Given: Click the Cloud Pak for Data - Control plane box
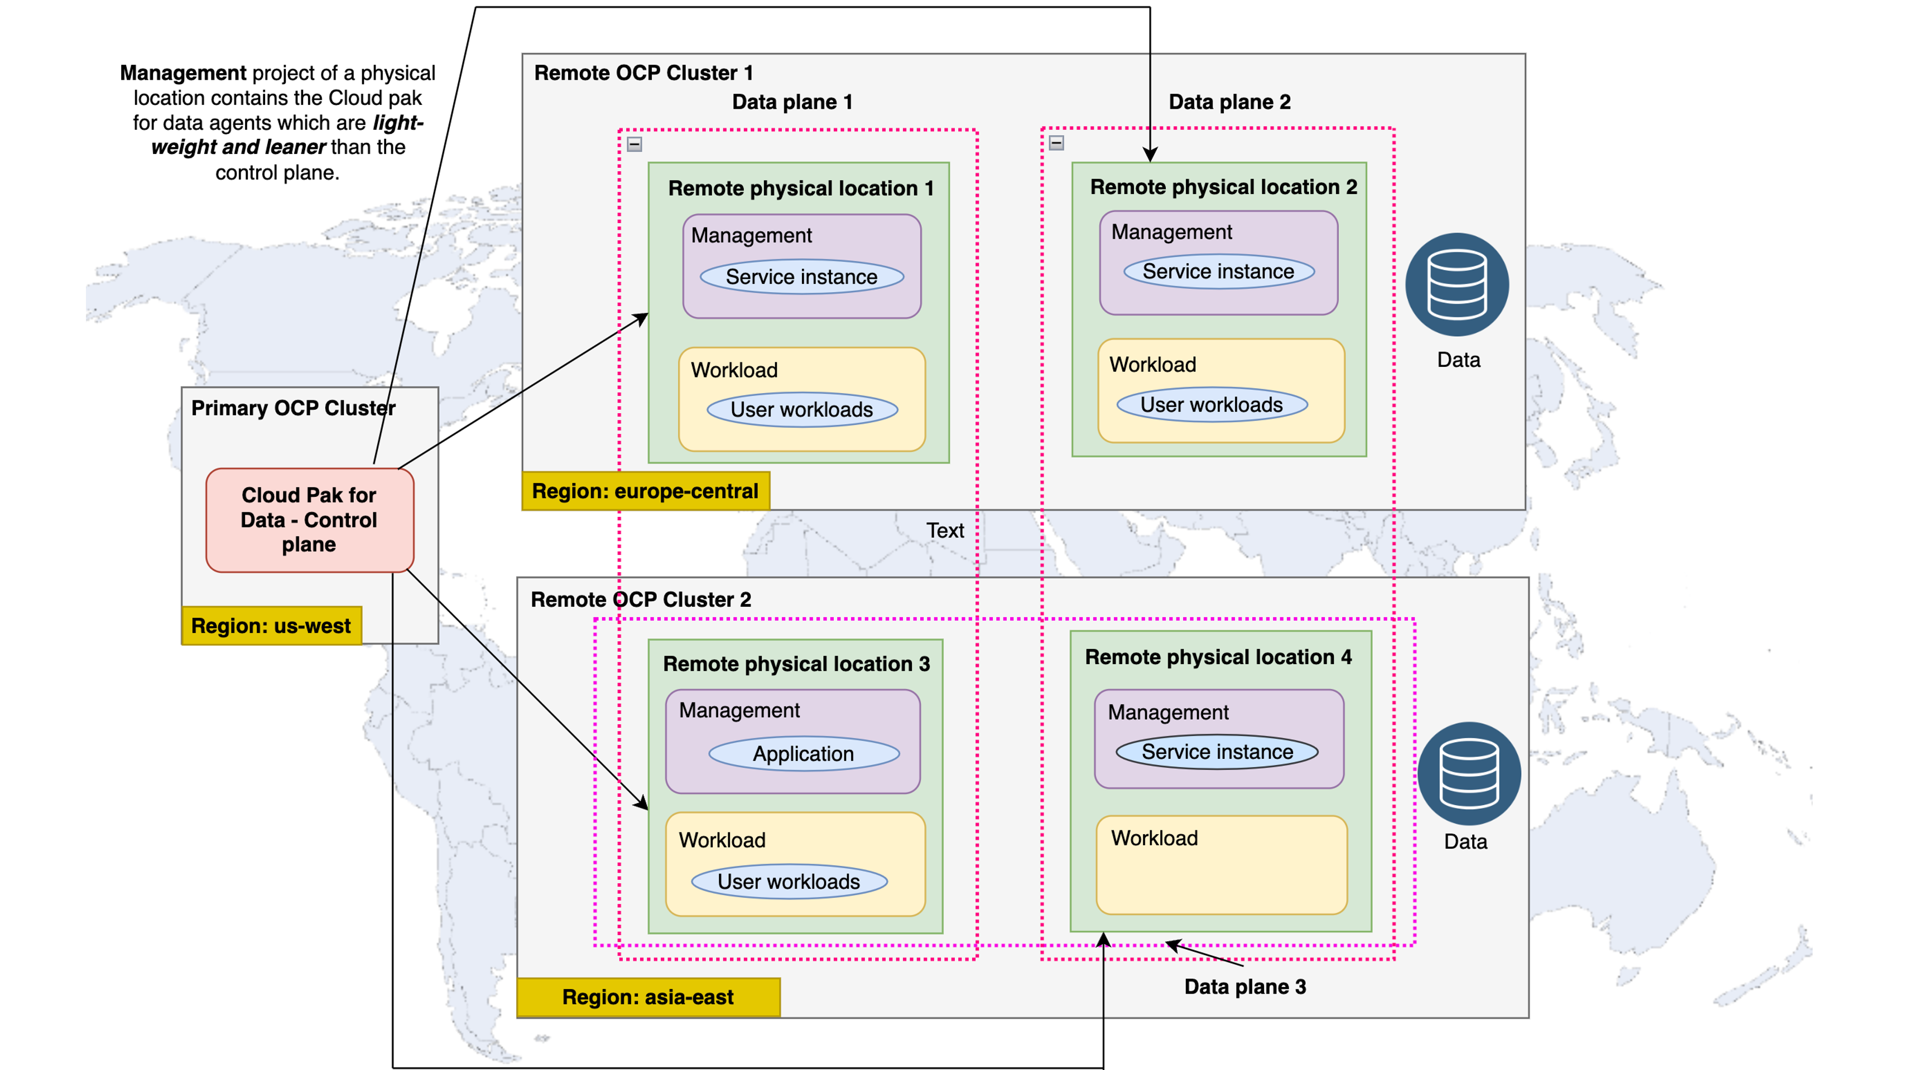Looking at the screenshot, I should pyautogui.click(x=309, y=520).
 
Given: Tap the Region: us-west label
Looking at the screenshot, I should pyautogui.click(x=271, y=626).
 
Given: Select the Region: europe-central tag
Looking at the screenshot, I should pyautogui.click(x=645, y=491).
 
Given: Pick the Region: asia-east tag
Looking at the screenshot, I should pyautogui.click(x=647, y=997).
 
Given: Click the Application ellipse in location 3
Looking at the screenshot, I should pyautogui.click(x=804, y=754).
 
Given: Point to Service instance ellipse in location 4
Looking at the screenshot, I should pyautogui.click(x=1217, y=752).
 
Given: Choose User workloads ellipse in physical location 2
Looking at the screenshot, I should pyautogui.click(x=1212, y=405).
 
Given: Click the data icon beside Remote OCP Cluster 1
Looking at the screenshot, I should pyautogui.click(x=1457, y=285).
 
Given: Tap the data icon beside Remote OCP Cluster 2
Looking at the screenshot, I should pyautogui.click(x=1468, y=773).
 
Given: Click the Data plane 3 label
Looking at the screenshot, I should pyautogui.click(x=1245, y=986).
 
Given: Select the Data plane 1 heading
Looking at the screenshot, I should pyautogui.click(x=792, y=102).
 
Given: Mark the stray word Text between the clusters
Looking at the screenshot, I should pyautogui.click(x=945, y=530).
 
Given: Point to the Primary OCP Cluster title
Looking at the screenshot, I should pyautogui.click(x=293, y=408).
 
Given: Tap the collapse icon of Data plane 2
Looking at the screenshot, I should pyautogui.click(x=1056, y=142).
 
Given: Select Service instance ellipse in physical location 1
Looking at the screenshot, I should pyautogui.click(x=802, y=277).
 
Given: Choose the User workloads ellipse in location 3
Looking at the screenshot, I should pyautogui.click(x=789, y=882).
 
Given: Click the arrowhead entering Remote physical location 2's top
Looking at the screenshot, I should pyautogui.click(x=1150, y=155).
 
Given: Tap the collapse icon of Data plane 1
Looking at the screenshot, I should pyautogui.click(x=634, y=144).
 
